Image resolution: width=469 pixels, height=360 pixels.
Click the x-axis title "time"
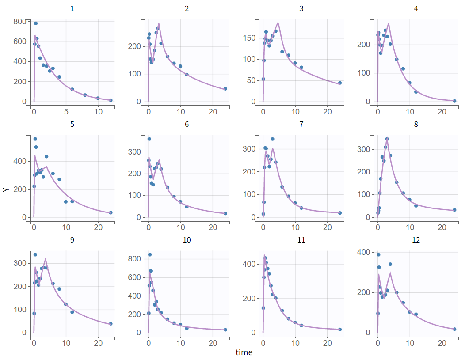pyautogui.click(x=244, y=352)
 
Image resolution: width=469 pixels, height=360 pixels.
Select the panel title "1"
pyautogui.click(x=72, y=8)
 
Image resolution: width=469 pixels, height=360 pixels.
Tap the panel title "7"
pyautogui.click(x=301, y=124)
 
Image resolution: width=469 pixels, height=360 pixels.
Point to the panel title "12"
pyautogui.click(x=416, y=240)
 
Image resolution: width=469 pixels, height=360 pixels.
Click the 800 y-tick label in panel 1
pyautogui.click(x=19, y=21)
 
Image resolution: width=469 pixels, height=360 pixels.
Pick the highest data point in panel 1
pyautogui.click(x=36, y=23)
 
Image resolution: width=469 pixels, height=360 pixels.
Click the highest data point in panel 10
pyautogui.click(x=150, y=255)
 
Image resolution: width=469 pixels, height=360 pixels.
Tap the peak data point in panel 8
pyautogui.click(x=387, y=139)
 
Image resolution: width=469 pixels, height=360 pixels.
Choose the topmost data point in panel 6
pyautogui.click(x=149, y=139)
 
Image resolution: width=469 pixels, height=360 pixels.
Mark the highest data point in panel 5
pyautogui.click(x=35, y=139)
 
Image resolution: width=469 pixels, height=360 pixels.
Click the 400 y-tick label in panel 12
pyautogui.click(x=363, y=252)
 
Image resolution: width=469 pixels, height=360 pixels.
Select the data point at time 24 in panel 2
pyautogui.click(x=225, y=89)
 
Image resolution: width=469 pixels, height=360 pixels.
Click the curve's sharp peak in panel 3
pyautogui.click(x=278, y=23)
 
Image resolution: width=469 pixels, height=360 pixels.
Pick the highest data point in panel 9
pyautogui.click(x=35, y=255)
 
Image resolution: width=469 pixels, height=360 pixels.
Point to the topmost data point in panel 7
pyautogui.click(x=273, y=139)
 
